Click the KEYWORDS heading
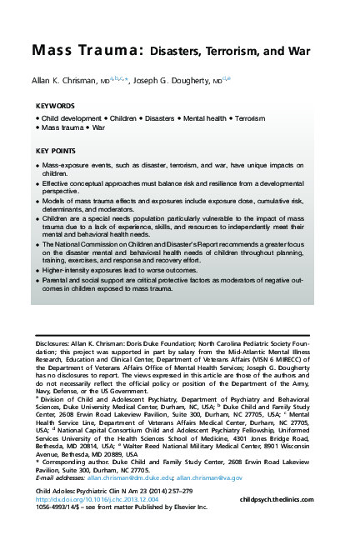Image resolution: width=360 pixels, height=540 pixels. click(55, 107)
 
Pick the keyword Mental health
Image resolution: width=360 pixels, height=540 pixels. click(201, 120)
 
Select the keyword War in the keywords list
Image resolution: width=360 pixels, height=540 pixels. click(98, 129)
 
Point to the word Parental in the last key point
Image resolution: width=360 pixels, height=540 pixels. click(56, 282)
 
